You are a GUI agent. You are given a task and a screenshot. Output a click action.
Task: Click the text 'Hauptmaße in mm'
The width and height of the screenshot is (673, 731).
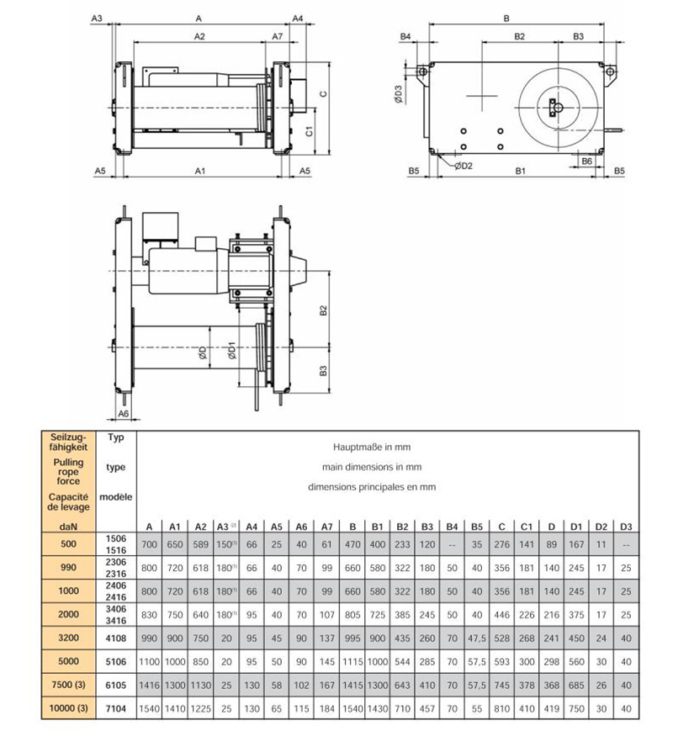(x=370, y=448)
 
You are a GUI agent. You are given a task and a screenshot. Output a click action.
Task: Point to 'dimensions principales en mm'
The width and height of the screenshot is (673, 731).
(x=370, y=487)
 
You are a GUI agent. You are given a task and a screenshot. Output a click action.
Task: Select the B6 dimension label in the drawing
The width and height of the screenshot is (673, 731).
(x=587, y=160)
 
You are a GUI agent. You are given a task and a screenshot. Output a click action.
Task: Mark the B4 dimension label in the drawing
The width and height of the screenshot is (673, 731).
(x=405, y=37)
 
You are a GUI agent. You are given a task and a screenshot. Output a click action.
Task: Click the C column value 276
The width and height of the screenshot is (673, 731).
(x=501, y=545)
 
